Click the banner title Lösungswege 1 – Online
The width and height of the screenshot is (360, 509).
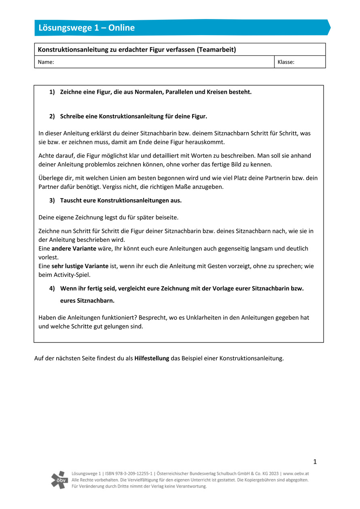tap(87, 28)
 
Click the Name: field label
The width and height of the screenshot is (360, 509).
tap(46, 62)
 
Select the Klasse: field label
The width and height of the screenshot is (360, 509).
tap(286, 62)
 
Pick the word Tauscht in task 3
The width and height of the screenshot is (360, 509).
tap(70, 201)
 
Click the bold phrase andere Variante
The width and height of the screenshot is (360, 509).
tap(74, 249)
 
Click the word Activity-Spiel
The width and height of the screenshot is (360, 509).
tap(72, 275)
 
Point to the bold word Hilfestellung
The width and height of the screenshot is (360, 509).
tap(152, 358)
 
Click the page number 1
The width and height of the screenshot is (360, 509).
tap(315, 462)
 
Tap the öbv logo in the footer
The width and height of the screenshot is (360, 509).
tap(59, 479)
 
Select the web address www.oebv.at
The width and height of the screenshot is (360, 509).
tap(296, 473)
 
